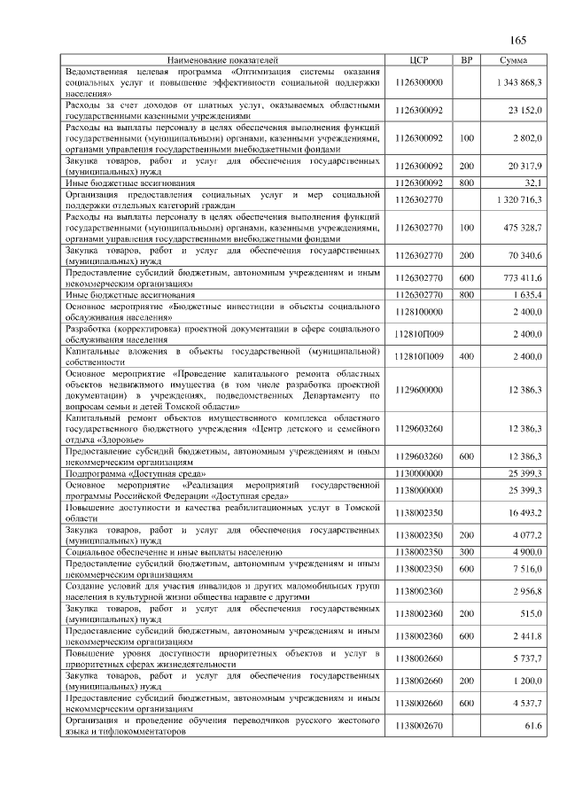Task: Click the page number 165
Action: tap(517, 39)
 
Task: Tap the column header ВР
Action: tap(467, 59)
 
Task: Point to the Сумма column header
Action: tap(514, 59)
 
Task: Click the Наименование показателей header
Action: tap(222, 59)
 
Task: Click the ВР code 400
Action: tap(467, 355)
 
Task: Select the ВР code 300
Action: tap(467, 551)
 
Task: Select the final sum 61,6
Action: tap(532, 727)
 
